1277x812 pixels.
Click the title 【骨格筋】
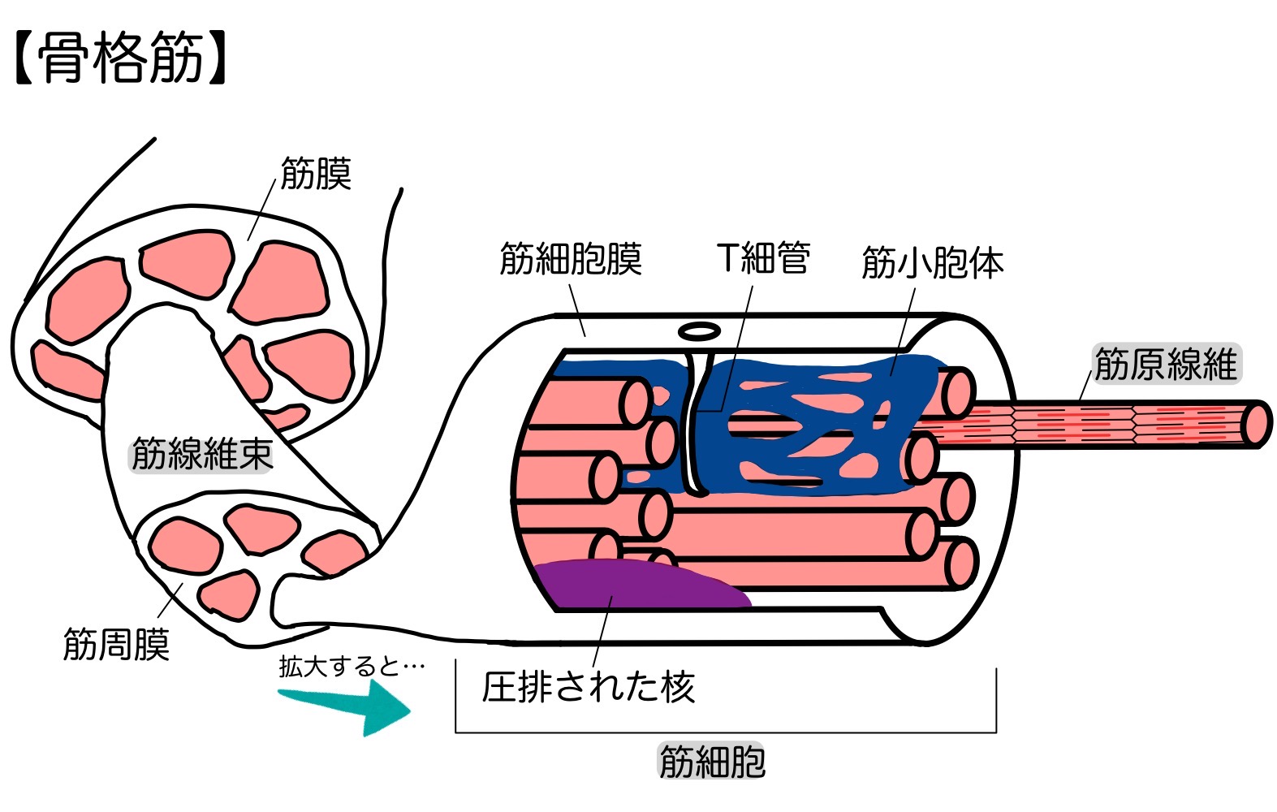tap(120, 58)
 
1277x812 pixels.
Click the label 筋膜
tap(316, 174)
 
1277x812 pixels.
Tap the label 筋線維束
tap(201, 454)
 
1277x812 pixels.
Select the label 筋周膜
tap(116, 644)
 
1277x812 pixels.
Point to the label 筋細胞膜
tap(570, 259)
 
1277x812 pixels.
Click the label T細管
tap(763, 258)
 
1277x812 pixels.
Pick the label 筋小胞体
tap(932, 262)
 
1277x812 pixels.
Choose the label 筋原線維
tap(1164, 364)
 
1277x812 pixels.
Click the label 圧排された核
tap(588, 687)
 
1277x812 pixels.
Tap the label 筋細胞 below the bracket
tap(712, 762)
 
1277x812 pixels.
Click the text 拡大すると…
tap(352, 667)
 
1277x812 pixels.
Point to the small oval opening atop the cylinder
tap(700, 331)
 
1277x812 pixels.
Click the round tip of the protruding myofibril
tap(1255, 424)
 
